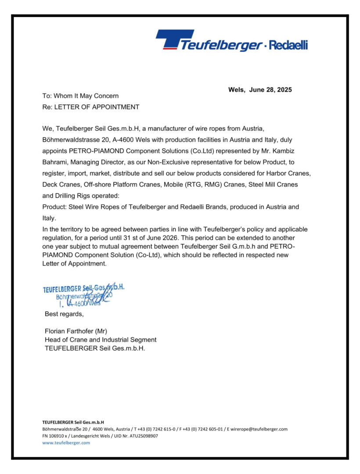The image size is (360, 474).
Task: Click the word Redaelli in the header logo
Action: (288, 45)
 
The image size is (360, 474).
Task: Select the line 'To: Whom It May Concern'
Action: (80, 96)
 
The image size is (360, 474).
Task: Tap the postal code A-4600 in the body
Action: (126, 139)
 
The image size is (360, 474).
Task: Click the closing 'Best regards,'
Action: (64, 314)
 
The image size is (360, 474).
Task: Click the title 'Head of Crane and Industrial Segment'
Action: (101, 340)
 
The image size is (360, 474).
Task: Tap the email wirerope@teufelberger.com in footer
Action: (259, 429)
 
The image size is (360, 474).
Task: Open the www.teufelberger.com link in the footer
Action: (66, 443)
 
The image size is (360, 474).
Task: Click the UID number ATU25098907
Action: (141, 436)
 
